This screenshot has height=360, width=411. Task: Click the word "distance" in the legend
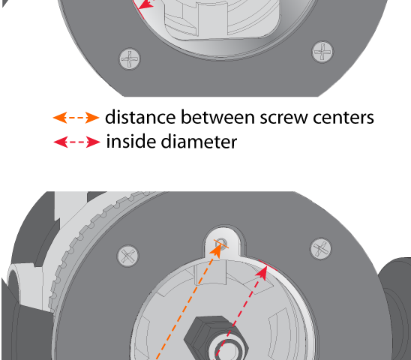coord(140,117)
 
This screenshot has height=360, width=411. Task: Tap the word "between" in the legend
coord(217,117)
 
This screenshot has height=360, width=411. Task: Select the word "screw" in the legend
coord(283,118)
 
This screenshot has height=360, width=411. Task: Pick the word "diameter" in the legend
coord(199,141)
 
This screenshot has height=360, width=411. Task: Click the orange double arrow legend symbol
coord(76,118)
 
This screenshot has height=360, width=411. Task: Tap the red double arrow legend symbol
coord(76,142)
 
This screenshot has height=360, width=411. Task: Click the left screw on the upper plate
coord(130,58)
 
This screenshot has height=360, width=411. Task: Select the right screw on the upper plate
coord(322,52)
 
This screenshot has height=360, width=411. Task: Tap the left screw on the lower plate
coord(128,256)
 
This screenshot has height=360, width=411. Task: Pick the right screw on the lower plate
coord(320,248)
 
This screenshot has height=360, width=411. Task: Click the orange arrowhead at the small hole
coord(217,251)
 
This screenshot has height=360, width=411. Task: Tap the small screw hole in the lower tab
coord(221,242)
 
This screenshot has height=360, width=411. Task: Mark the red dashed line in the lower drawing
coord(238,316)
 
